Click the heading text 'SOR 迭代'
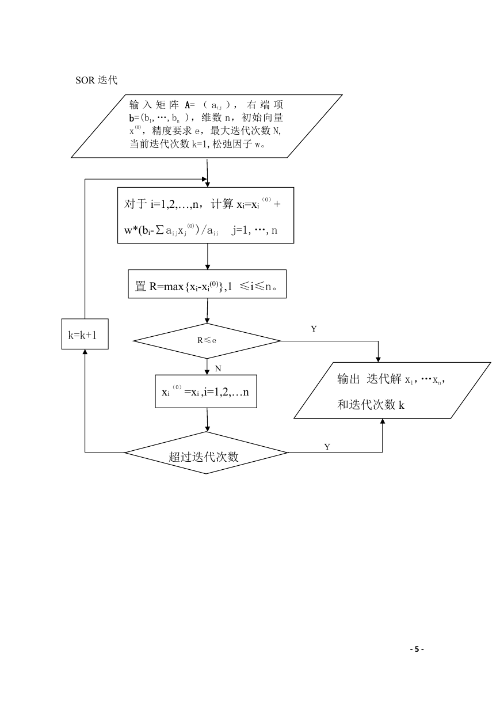pos(96,80)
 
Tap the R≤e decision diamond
pos(207,341)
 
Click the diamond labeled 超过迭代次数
pos(206,453)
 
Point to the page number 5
pos(417,649)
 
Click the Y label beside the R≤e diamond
pos(314,329)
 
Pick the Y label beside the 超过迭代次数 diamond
pos(327,447)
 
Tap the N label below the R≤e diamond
pos(218,368)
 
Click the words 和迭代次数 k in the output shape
pos(371,405)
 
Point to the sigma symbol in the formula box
pos(161,230)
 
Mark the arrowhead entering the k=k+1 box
pos(85,352)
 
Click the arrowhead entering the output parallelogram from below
pos(383,421)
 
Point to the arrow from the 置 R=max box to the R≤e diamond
pos(207,311)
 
